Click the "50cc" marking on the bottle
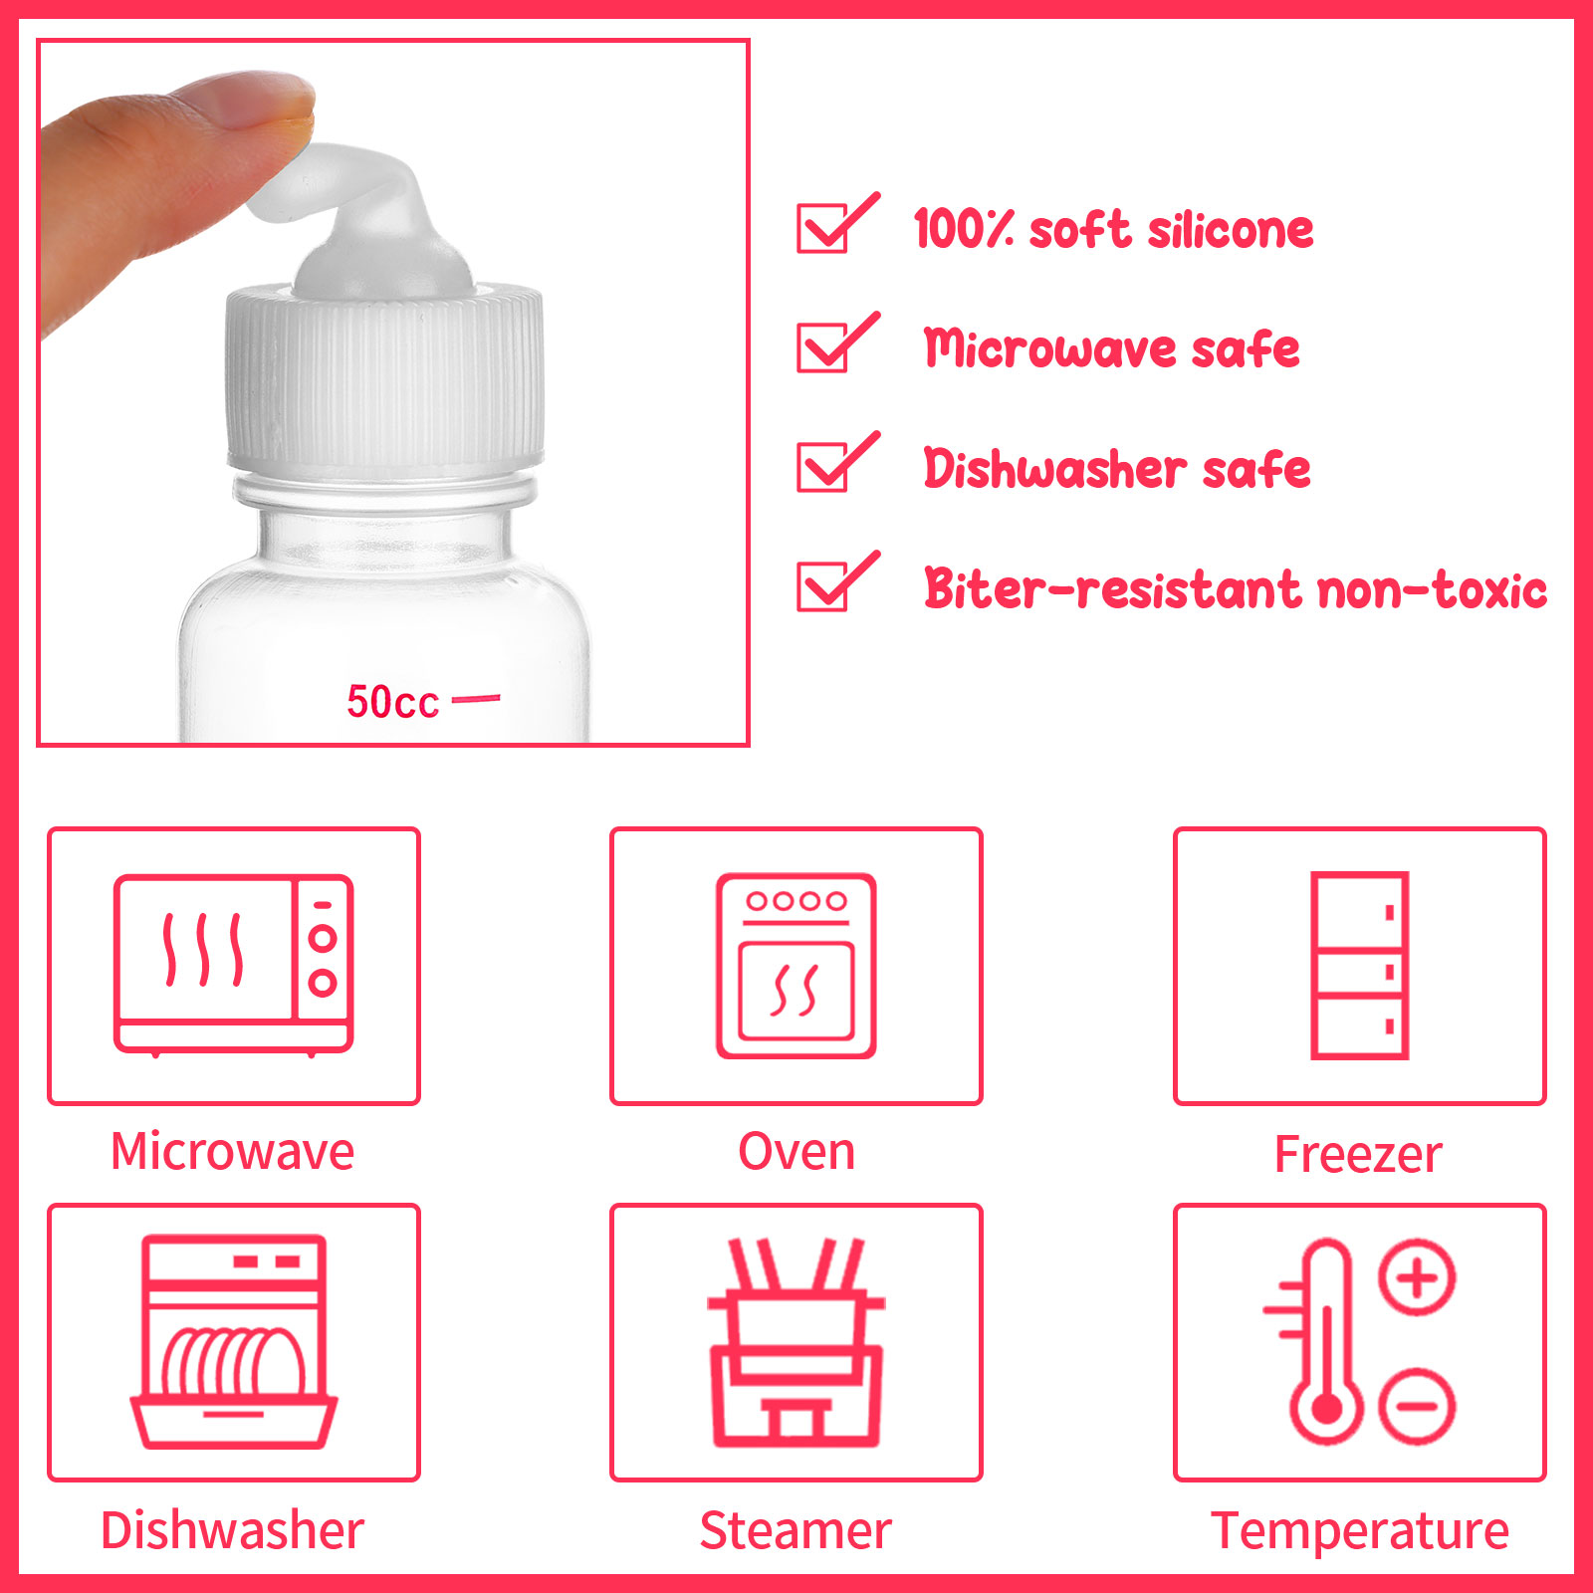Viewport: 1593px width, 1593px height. coord(392,702)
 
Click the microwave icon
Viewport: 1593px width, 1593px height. coord(234,965)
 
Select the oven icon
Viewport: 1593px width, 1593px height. coord(796,966)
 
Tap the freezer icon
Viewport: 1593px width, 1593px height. coord(1360,966)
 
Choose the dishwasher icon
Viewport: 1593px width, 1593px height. coord(234,1342)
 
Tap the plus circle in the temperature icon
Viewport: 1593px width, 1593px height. coord(1418,1276)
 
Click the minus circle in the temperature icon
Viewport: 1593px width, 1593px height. coord(1418,1406)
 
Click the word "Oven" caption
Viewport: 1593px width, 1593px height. coord(796,1152)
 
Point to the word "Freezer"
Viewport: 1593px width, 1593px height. coord(1358,1155)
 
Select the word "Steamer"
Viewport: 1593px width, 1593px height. coord(796,1530)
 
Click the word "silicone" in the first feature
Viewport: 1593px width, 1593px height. coord(1231,229)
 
